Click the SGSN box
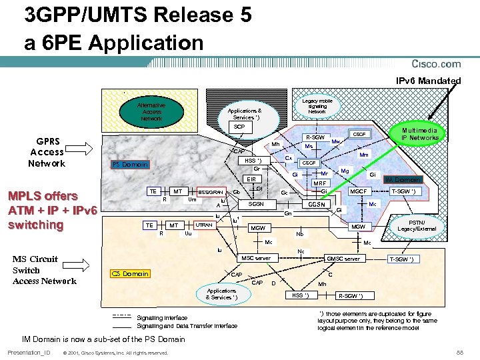[256, 204]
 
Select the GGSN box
[316, 205]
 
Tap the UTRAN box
[204, 225]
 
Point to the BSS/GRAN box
[211, 192]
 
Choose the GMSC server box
[343, 259]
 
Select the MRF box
[320, 183]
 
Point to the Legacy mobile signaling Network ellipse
[317, 106]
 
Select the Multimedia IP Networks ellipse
[420, 133]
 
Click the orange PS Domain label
[130, 165]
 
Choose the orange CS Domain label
[130, 273]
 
